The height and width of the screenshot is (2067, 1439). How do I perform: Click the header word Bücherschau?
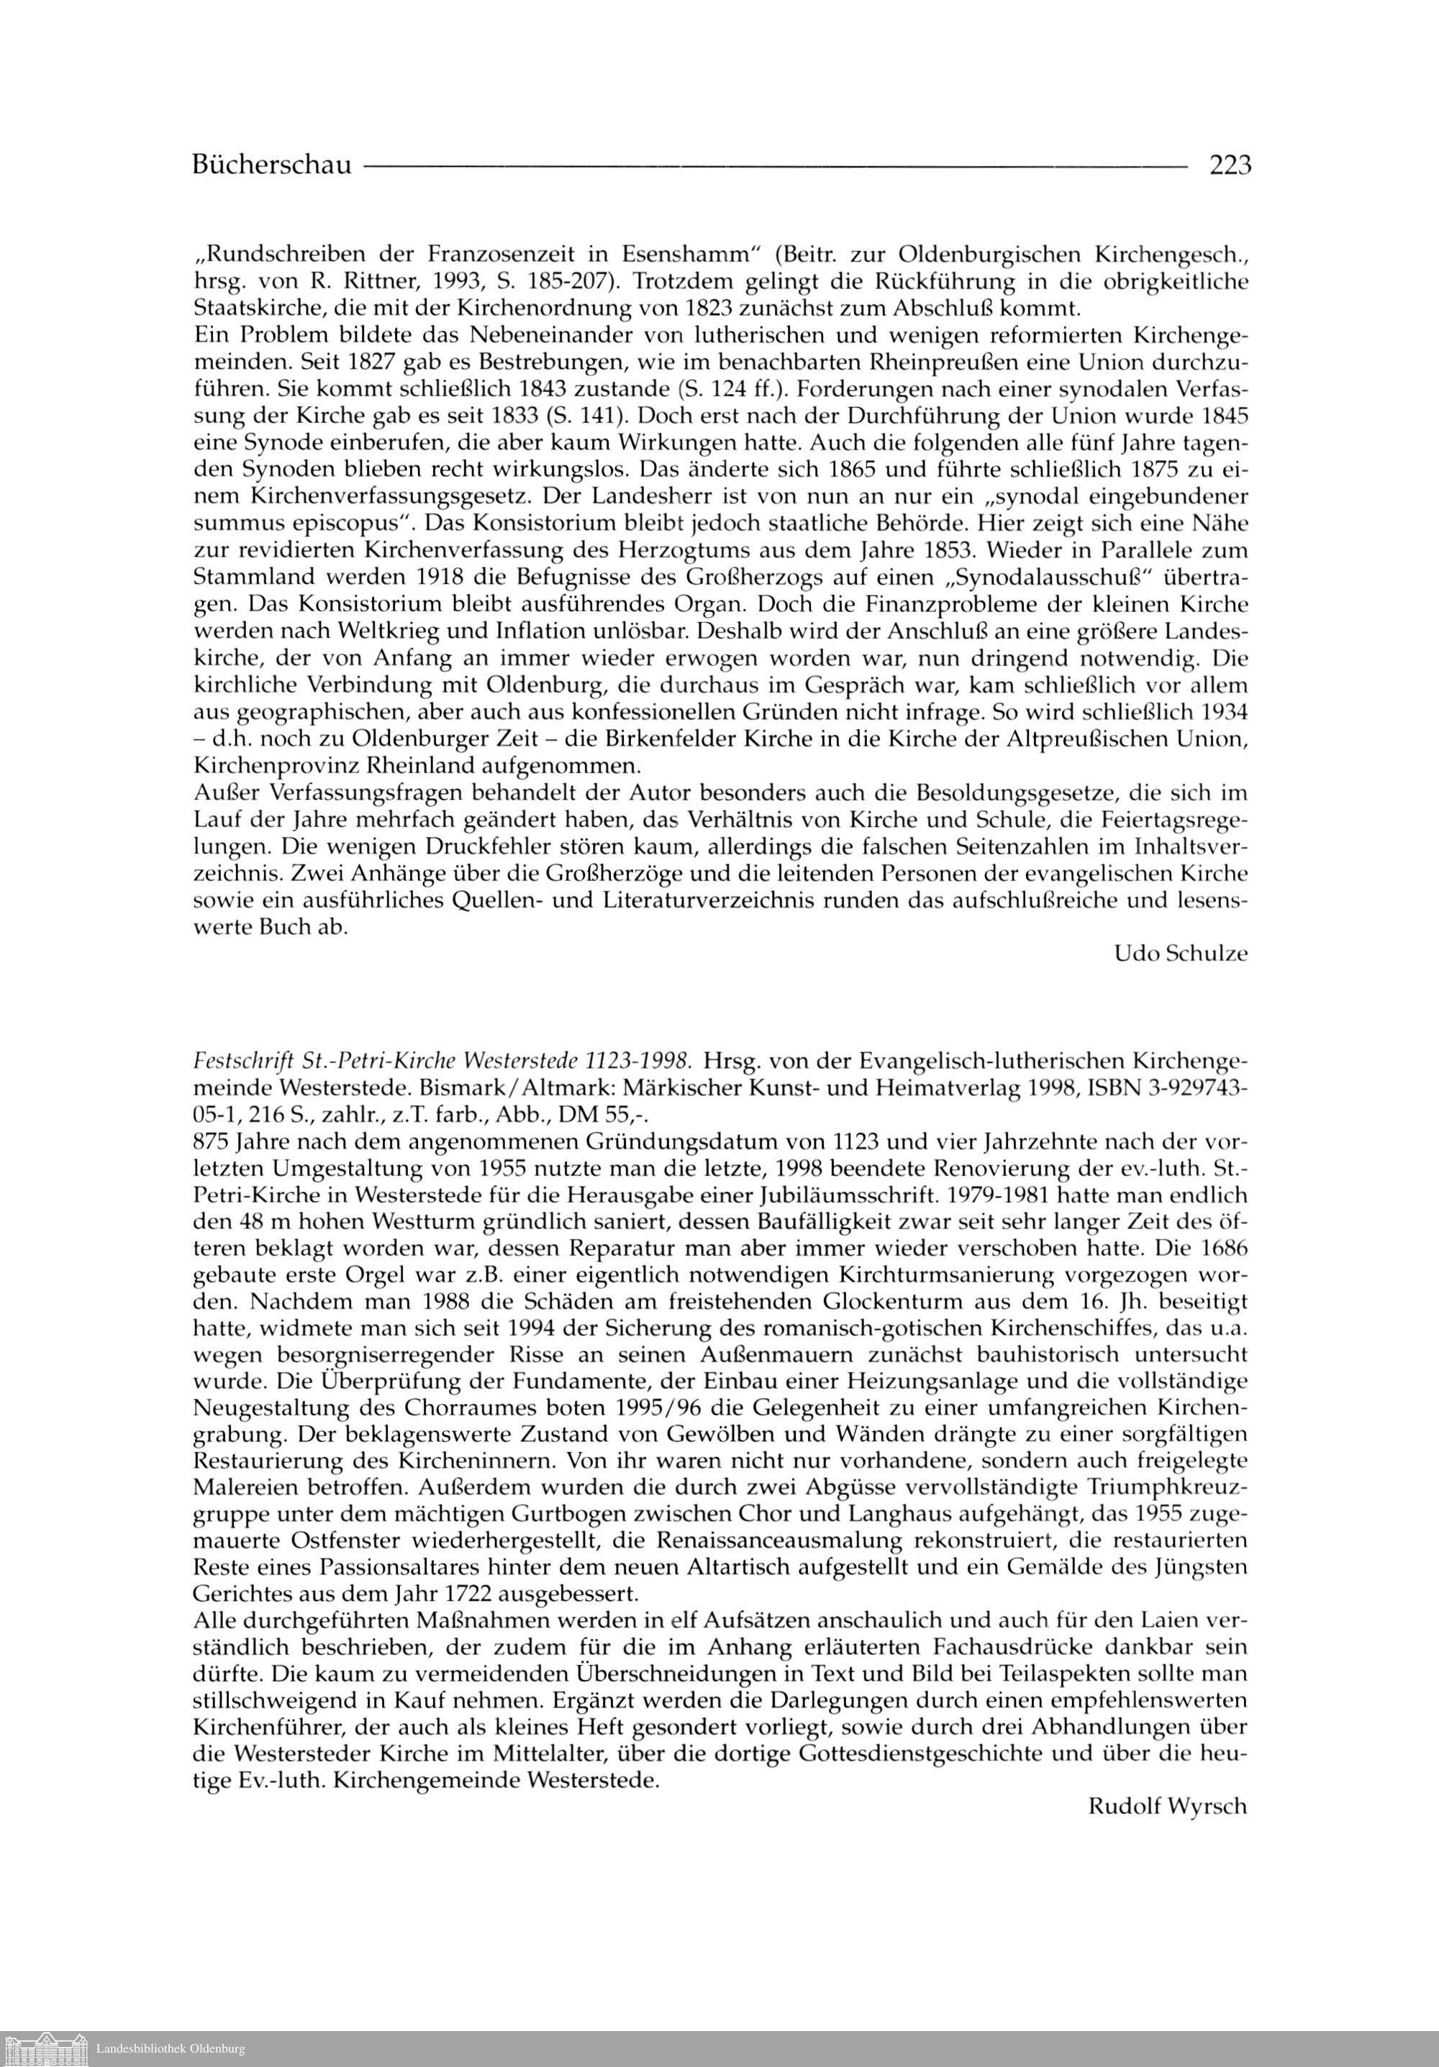point(271,165)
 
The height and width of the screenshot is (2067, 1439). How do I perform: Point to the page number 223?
point(1230,165)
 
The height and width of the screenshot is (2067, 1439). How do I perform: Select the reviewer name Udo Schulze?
point(1181,954)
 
